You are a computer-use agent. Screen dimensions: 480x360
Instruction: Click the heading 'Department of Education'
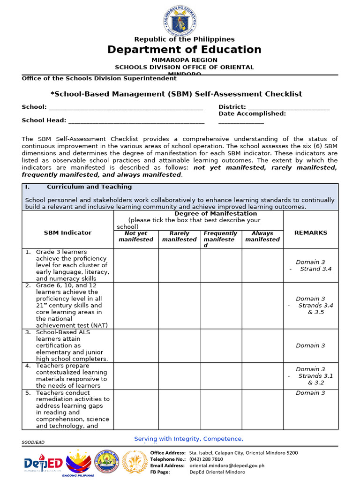(x=184, y=50)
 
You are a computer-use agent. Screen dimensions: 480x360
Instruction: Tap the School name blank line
(x=125, y=108)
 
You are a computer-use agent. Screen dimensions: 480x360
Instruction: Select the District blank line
(x=288, y=108)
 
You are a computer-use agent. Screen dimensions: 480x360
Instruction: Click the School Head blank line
(x=136, y=121)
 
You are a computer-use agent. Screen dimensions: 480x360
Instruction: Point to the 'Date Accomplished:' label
(x=252, y=114)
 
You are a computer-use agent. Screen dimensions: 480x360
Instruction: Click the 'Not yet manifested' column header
(x=136, y=236)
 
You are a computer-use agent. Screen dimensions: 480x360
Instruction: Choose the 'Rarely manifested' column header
(x=179, y=236)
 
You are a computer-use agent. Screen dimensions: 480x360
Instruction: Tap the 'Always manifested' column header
(x=262, y=236)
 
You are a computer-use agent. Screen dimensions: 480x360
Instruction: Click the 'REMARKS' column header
(x=310, y=232)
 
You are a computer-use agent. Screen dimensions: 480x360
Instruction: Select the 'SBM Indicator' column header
(x=67, y=232)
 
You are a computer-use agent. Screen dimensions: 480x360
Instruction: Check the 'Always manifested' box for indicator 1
(x=262, y=265)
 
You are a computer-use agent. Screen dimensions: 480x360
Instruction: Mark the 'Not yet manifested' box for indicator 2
(x=136, y=305)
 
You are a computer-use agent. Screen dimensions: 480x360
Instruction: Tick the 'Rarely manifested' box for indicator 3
(x=179, y=345)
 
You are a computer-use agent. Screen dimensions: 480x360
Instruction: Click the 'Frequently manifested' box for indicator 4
(x=221, y=376)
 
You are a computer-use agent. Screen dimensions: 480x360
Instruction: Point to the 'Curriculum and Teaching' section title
(x=89, y=187)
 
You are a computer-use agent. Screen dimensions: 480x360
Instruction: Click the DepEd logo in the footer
(x=43, y=463)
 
